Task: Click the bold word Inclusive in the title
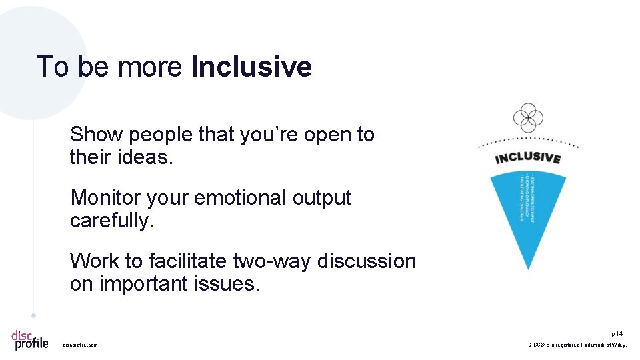point(251,67)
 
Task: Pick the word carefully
point(111,221)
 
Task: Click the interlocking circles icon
point(528,118)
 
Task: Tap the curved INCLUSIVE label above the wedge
point(527,157)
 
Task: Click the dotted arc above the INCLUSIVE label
point(528,139)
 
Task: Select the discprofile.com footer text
point(80,345)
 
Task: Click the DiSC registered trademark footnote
point(577,345)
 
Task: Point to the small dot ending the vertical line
point(33,315)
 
